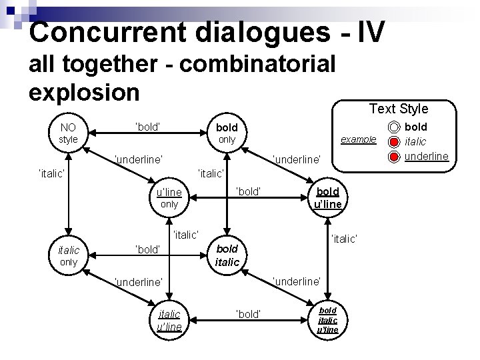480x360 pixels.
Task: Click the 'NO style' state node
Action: click(68, 133)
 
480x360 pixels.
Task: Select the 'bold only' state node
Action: click(227, 133)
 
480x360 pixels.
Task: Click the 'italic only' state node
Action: click(68, 256)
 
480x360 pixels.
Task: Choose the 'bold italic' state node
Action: click(227, 256)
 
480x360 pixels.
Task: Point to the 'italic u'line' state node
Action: click(169, 319)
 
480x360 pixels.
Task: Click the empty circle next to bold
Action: click(394, 127)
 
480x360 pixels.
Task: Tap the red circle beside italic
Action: click(394, 141)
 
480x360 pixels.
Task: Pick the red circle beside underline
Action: click(394, 156)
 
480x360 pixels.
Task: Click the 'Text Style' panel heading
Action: click(399, 108)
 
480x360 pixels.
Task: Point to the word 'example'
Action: click(359, 140)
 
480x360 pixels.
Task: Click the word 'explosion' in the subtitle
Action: click(84, 91)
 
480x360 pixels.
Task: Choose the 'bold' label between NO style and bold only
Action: click(150, 125)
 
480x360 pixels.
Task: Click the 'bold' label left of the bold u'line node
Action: click(249, 192)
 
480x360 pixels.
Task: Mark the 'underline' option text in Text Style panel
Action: click(427, 157)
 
